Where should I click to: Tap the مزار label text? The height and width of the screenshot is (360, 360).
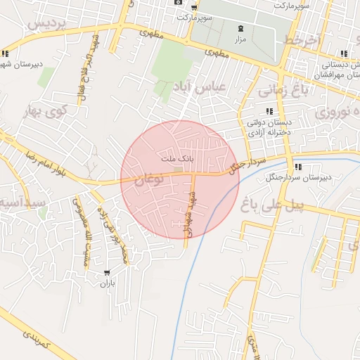coord(240,41)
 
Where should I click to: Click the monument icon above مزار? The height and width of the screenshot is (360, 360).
coord(241,28)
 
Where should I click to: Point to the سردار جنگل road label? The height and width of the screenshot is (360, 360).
coord(236,165)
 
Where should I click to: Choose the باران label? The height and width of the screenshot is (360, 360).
coord(105,284)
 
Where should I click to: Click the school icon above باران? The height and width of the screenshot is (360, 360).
coord(106,272)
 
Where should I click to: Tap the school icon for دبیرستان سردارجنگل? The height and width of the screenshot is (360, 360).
coord(297,167)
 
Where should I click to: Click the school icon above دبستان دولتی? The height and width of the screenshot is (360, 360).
coord(269,111)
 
